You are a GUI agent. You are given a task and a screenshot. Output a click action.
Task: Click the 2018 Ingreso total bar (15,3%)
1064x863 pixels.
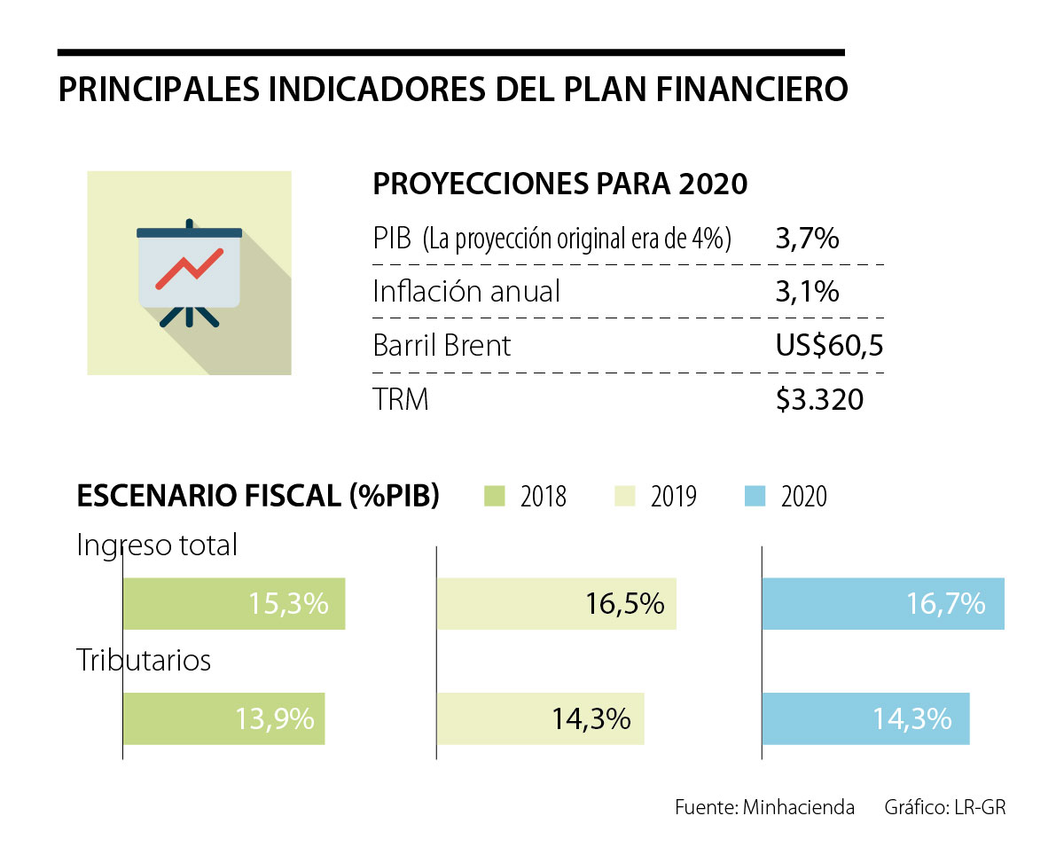233,604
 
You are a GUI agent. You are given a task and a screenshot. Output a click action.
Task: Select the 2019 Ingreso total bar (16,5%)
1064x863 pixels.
556,604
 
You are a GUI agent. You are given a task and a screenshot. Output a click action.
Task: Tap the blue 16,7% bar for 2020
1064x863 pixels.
882,604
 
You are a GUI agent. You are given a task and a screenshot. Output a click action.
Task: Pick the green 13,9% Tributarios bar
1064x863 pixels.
223,718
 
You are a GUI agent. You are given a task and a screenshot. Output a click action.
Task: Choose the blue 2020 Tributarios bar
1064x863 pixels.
865,718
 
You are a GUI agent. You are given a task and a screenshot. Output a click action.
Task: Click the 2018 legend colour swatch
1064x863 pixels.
494,496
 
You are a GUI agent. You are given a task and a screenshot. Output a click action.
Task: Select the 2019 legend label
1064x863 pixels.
673,497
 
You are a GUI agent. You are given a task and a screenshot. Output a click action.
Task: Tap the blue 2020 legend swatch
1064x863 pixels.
755,496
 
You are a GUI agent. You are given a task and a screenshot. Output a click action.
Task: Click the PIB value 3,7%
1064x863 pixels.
806,239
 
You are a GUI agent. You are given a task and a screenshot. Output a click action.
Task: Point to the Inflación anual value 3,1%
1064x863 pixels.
806,292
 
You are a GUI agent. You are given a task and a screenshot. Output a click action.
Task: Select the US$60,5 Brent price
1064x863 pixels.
828,345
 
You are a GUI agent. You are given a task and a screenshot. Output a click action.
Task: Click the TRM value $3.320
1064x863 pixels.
818,400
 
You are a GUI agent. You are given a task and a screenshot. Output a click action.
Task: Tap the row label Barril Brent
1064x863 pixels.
442,345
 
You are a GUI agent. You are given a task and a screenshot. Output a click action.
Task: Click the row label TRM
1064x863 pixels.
401,400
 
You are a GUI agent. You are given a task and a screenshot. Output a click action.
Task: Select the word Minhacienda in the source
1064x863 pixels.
799,807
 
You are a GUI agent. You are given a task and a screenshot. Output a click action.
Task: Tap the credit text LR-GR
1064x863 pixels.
980,807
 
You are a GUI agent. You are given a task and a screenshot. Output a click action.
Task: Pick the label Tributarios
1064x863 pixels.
144,661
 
